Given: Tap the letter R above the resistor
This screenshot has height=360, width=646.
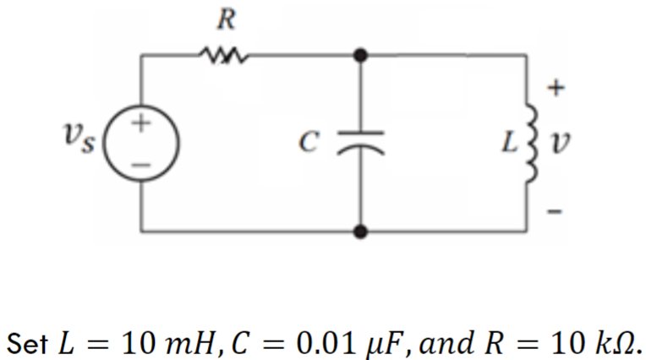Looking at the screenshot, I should click(x=224, y=19).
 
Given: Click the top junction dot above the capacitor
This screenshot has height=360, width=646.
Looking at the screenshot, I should click(x=361, y=56).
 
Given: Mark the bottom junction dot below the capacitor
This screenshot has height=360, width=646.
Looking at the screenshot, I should click(x=361, y=229).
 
